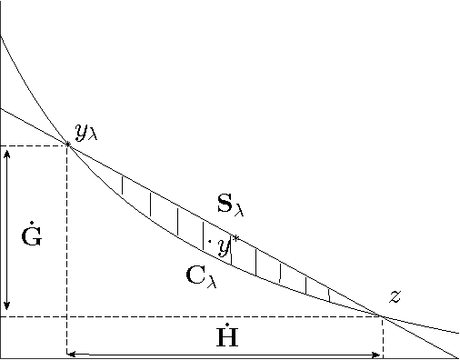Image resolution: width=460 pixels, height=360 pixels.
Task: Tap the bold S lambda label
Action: coord(230,205)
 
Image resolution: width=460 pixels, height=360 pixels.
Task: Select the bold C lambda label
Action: coord(201,275)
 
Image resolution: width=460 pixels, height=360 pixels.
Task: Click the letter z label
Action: coord(395,296)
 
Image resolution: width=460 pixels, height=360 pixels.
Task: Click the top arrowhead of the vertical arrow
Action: coord(7,153)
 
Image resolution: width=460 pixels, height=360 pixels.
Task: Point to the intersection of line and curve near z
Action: coord(383,316)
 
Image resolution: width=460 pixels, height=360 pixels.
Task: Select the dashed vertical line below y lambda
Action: coord(66,255)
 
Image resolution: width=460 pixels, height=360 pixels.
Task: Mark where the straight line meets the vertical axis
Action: coord(1,108)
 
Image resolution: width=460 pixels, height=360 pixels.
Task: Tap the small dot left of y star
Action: coord(209,242)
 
